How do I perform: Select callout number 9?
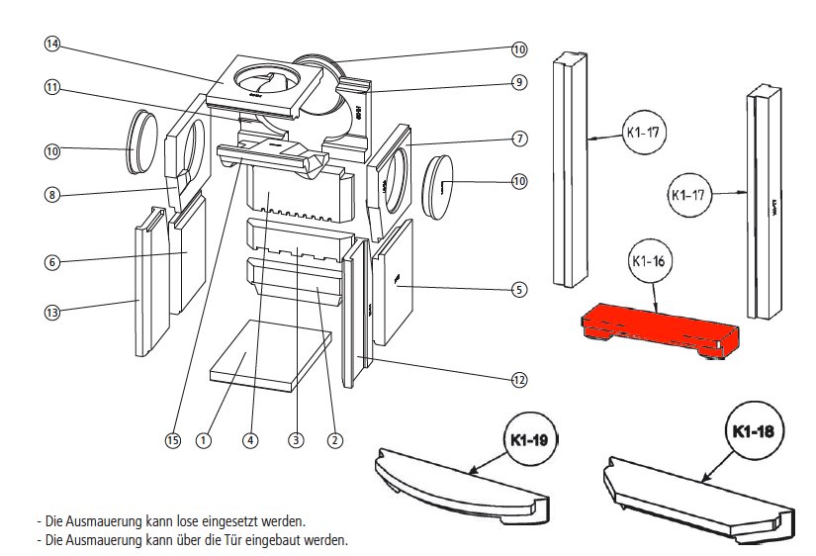(518, 83)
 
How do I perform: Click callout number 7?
(518, 137)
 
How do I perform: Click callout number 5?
(518, 290)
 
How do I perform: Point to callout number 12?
(518, 379)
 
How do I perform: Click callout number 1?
(204, 440)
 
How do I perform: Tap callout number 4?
(251, 440)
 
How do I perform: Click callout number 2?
(334, 440)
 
